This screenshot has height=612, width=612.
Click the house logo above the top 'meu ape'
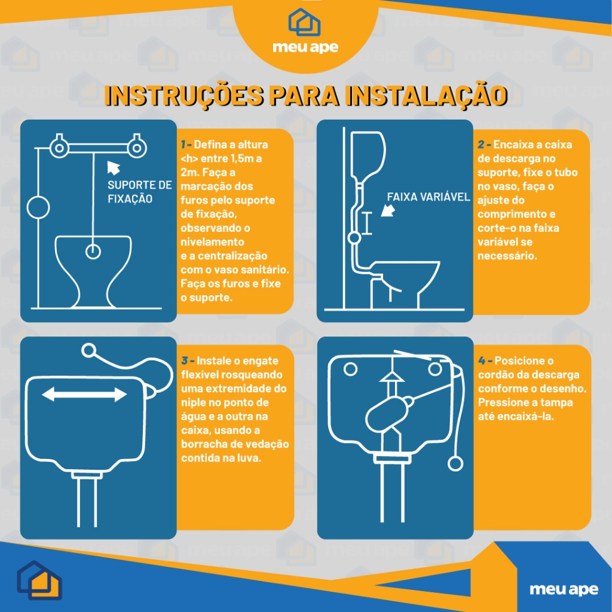click(305, 22)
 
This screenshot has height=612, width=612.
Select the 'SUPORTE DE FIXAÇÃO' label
click(139, 192)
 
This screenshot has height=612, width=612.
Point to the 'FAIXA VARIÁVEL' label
click(429, 197)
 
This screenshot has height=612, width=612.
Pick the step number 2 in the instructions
click(481, 145)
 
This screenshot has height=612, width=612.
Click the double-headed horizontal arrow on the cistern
click(84, 394)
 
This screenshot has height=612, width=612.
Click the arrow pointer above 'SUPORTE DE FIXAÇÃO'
click(113, 167)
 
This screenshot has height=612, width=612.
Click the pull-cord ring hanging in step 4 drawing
click(455, 464)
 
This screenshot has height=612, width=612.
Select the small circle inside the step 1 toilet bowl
click(93, 252)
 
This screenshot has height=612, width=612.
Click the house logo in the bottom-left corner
click(39, 580)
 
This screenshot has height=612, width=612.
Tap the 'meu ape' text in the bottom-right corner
click(564, 589)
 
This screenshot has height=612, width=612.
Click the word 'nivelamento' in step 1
click(212, 242)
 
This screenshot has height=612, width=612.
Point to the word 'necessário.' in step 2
click(507, 256)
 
